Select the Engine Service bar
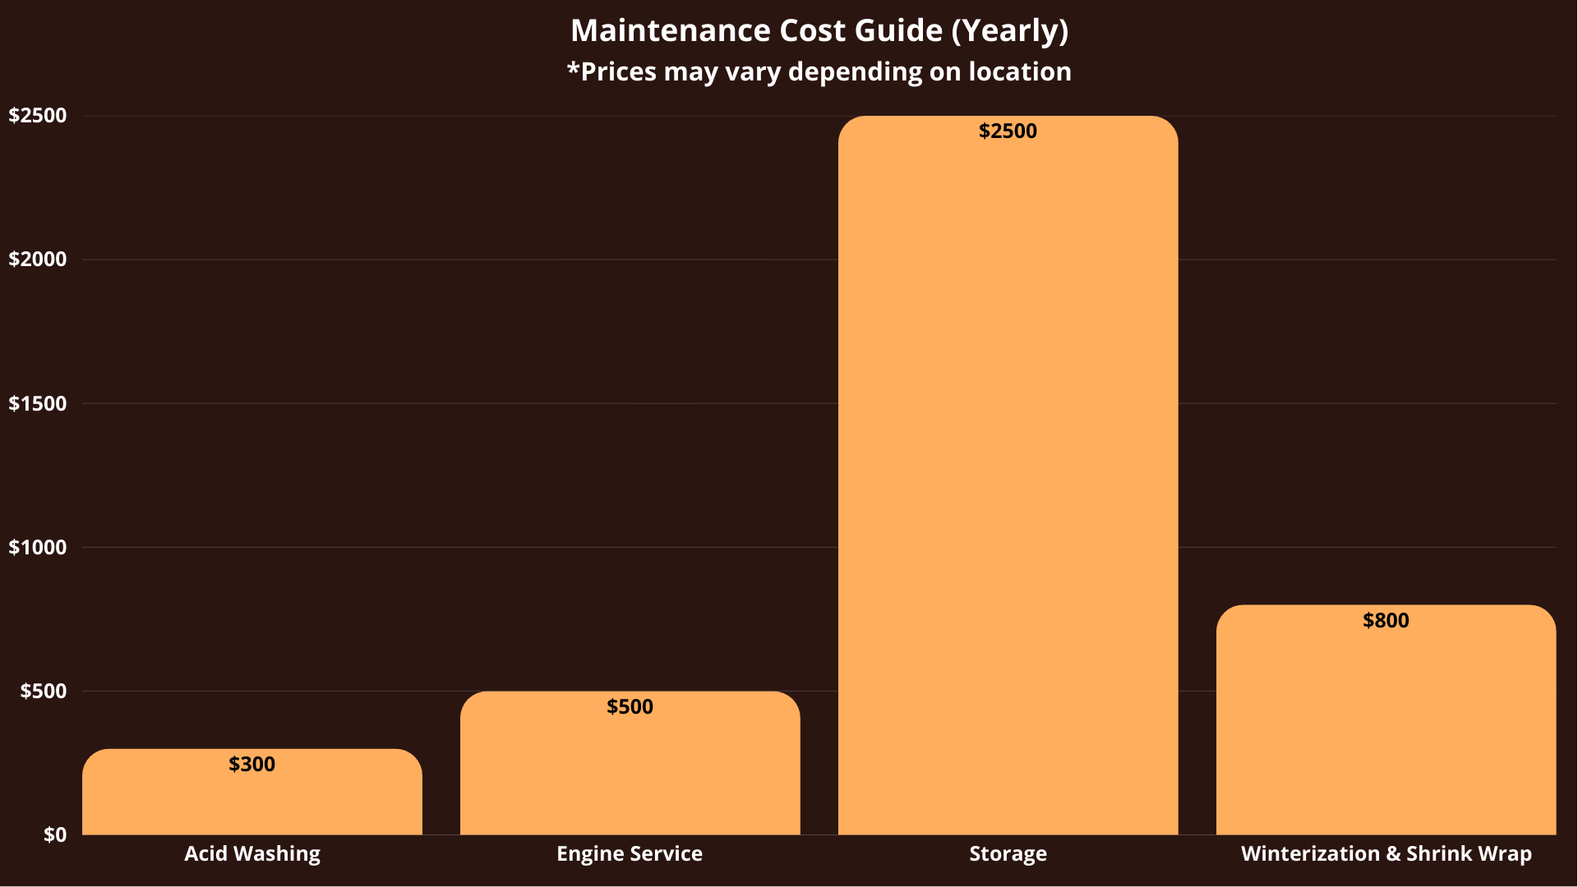(630, 772)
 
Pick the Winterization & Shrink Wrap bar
(1386, 731)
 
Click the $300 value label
(251, 765)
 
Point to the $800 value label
(1386, 621)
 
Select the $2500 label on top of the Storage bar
(1008, 131)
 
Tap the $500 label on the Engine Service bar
(630, 707)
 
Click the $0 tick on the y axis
(55, 835)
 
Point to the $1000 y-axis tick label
(38, 548)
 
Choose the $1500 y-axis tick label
(38, 404)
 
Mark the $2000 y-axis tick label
(38, 260)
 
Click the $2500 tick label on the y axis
(38, 116)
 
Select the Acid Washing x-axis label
(251, 854)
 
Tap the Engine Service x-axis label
(630, 854)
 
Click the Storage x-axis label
(1008, 854)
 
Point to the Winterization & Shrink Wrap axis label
(1386, 854)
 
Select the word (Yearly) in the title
(1010, 31)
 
